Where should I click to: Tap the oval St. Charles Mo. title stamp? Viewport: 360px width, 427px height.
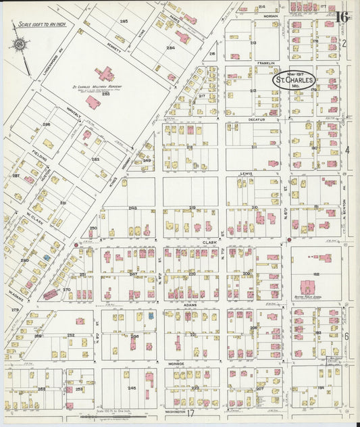click(294, 81)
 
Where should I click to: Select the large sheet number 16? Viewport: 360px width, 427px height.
click(341, 16)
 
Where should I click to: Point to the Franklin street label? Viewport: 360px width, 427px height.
click(265, 63)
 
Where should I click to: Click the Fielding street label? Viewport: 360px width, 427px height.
click(40, 155)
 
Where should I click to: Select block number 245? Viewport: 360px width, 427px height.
click(132, 388)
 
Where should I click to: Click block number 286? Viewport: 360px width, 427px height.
click(46, 125)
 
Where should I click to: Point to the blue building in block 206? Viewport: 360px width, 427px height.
click(151, 316)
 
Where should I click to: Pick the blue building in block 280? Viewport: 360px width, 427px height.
click(47, 257)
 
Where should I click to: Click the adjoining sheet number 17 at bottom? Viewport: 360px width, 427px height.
click(190, 413)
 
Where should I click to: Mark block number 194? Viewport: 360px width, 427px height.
click(321, 387)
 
